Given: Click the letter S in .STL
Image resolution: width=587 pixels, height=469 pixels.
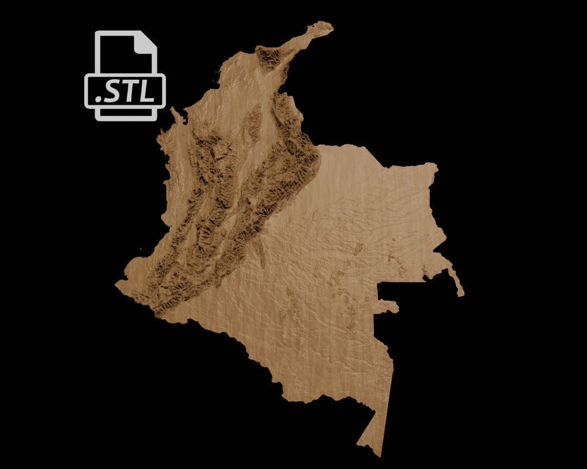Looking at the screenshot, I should pos(114,92).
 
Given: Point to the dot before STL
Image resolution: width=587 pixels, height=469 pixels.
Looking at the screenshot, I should pos(99,99).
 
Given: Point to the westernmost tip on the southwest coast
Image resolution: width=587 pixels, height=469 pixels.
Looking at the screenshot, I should pos(116,283).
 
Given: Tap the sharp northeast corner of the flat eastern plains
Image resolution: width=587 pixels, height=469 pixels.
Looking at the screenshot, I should pos(435,164).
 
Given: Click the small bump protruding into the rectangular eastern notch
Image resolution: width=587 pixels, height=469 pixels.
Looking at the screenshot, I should pos(395,307).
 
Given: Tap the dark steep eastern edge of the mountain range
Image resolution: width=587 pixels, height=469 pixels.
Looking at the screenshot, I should pos(314,163).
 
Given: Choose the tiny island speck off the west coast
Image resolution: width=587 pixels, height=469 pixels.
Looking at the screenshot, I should pos(140,249).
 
